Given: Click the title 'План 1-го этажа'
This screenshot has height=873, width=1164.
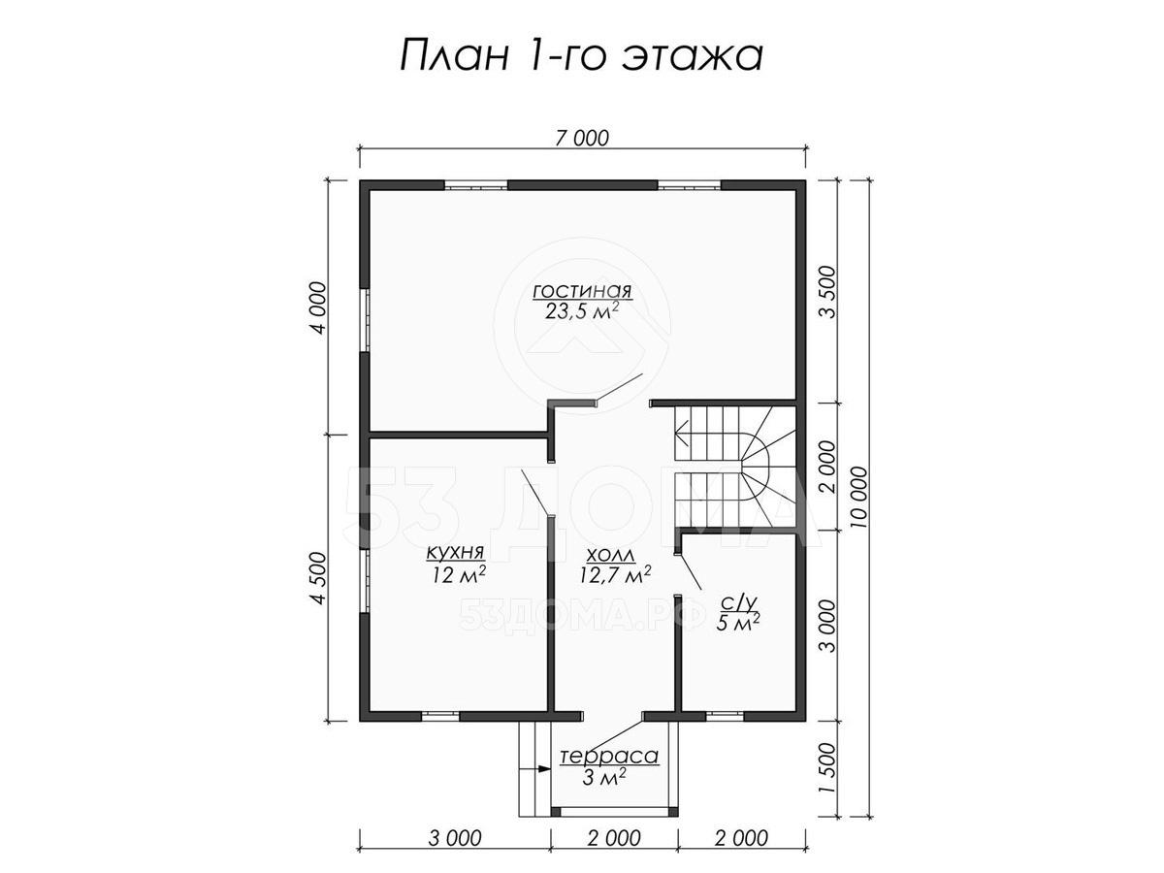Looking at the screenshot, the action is coord(581,55).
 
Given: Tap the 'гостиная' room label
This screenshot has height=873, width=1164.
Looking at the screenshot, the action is coord(582,292).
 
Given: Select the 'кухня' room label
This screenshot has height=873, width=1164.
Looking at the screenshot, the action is coord(456,553).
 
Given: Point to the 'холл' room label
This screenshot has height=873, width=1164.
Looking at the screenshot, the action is coord(610,556).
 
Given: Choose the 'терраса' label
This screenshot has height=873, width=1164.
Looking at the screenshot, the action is coord(609,757).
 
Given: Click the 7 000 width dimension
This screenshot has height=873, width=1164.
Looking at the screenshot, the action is coord(582,139).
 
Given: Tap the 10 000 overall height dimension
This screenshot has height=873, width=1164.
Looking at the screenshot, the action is coord(859,497).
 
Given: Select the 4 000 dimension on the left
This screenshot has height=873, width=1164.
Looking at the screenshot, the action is coord(319,307).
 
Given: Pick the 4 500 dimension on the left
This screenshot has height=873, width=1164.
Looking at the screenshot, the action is coord(319,578).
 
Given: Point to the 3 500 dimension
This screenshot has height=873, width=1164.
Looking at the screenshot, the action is coord(826,292).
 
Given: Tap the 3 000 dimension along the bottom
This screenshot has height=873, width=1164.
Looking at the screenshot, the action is coord(455,838).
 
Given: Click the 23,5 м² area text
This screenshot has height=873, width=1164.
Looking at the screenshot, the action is coord(582,310).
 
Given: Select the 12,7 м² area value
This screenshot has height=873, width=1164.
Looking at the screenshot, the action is coord(615,574).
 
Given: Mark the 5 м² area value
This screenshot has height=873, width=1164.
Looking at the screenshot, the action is coord(737,623).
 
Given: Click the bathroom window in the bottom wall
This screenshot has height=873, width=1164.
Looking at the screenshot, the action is coord(725,715).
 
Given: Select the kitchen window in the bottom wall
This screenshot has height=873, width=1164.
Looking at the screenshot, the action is coord(440,715).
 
